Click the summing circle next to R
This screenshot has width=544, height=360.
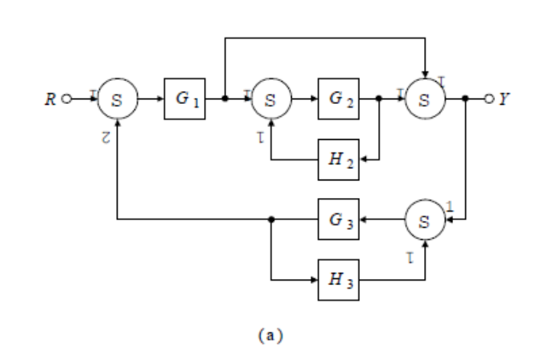click(117, 99)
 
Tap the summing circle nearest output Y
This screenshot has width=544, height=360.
click(426, 99)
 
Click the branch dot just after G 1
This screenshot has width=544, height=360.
click(224, 99)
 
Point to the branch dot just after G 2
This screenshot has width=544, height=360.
click(379, 99)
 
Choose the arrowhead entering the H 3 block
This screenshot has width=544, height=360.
click(314, 278)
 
